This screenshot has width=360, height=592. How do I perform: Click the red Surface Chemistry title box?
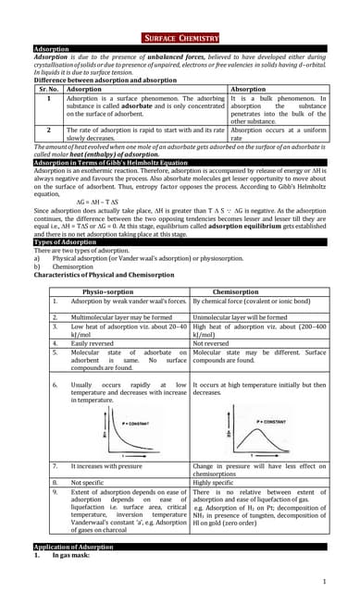point(180,38)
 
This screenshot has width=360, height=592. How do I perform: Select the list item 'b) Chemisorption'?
point(65,267)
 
